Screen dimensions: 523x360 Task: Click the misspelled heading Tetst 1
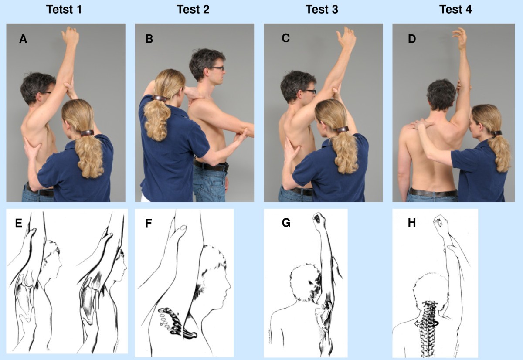(x=64, y=10)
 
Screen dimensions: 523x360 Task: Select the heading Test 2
(x=193, y=10)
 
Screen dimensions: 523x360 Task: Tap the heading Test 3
(x=322, y=10)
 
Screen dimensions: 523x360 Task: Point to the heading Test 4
(x=455, y=10)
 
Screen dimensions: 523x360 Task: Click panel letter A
(x=23, y=39)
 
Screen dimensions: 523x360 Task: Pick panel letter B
(x=149, y=39)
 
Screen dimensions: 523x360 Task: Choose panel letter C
(x=286, y=38)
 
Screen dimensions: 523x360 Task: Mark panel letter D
(x=412, y=39)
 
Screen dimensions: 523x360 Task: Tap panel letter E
(x=19, y=223)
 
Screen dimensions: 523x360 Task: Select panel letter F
(x=149, y=223)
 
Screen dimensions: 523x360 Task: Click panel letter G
(x=286, y=223)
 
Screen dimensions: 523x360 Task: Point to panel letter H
(x=412, y=223)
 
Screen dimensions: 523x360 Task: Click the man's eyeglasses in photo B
(x=217, y=68)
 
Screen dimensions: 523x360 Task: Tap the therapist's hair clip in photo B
(x=160, y=98)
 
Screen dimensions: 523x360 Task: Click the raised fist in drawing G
(x=319, y=220)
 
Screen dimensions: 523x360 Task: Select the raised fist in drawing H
(x=441, y=222)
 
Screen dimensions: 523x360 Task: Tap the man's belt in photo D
(x=433, y=193)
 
